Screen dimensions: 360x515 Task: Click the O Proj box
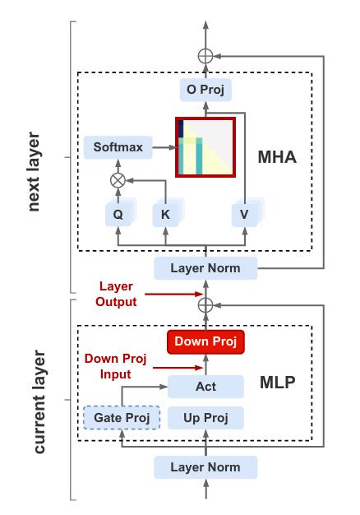pos(205,90)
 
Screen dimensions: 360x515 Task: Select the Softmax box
pos(118,147)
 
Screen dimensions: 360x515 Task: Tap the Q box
pos(118,215)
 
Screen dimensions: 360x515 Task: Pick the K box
pos(166,215)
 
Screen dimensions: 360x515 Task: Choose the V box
pos(244,215)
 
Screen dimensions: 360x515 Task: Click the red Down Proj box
pos(205,342)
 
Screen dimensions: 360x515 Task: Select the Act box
pos(205,387)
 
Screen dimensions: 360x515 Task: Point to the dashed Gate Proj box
pos(122,418)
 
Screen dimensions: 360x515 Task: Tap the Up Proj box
pos(205,418)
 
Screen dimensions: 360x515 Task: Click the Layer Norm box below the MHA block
pos(205,268)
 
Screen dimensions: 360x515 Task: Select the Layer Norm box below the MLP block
pos(205,467)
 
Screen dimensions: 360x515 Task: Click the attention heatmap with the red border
pos(205,147)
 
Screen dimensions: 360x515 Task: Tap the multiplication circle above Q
pos(118,180)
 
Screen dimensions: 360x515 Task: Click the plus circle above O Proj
pos(205,56)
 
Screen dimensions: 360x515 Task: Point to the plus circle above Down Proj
pos(205,305)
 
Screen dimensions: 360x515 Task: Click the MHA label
pos(277,157)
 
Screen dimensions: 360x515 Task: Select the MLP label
pos(278,383)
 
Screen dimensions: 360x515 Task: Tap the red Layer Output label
pos(116,294)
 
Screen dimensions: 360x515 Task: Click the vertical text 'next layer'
pos(33,171)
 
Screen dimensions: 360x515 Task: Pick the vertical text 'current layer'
pos(39,401)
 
